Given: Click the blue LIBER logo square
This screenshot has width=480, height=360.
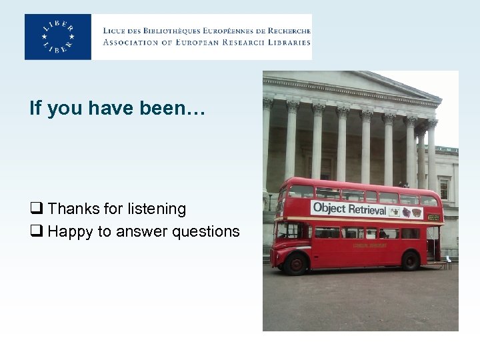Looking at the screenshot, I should [58, 37].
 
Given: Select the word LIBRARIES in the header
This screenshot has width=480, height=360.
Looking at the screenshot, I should [287, 42].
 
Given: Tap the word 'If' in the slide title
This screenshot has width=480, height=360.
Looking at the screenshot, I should [35, 108].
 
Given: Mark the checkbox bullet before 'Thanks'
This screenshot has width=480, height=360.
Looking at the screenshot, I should [35, 209].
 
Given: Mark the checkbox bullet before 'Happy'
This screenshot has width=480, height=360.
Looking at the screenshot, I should [35, 232].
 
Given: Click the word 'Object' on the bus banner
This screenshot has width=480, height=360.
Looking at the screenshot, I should [329, 207].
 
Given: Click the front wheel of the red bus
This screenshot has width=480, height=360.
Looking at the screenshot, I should [295, 263].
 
